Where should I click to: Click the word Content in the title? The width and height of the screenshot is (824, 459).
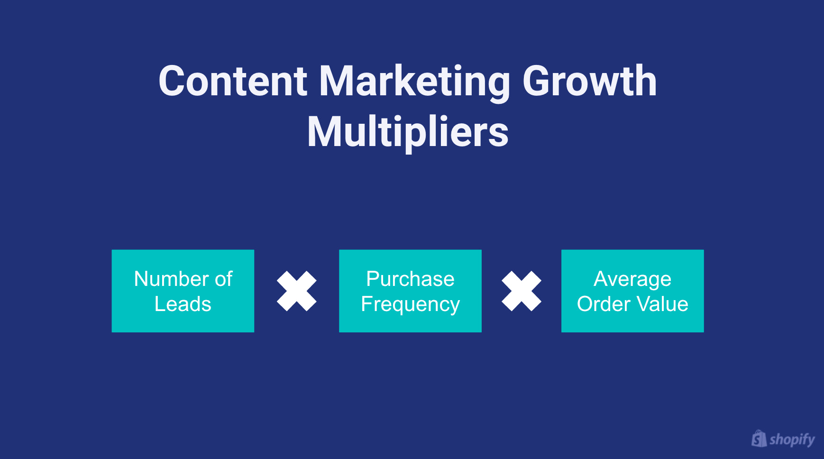tap(233, 82)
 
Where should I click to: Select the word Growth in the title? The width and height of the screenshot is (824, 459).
tap(589, 82)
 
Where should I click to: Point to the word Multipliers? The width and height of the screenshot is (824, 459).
tap(408, 133)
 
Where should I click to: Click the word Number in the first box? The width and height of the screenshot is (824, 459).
tap(171, 279)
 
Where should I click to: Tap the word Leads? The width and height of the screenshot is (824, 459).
tap(183, 304)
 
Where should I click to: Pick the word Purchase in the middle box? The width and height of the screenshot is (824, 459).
tap(410, 279)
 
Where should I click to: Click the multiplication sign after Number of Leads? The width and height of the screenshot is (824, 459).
tap(296, 291)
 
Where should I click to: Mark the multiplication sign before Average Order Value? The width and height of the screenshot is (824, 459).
tap(521, 291)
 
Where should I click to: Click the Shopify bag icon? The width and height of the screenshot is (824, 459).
tap(759, 439)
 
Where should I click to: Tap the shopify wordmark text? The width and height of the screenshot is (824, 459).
tap(792, 440)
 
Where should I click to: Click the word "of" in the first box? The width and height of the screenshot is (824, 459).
tap(223, 279)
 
